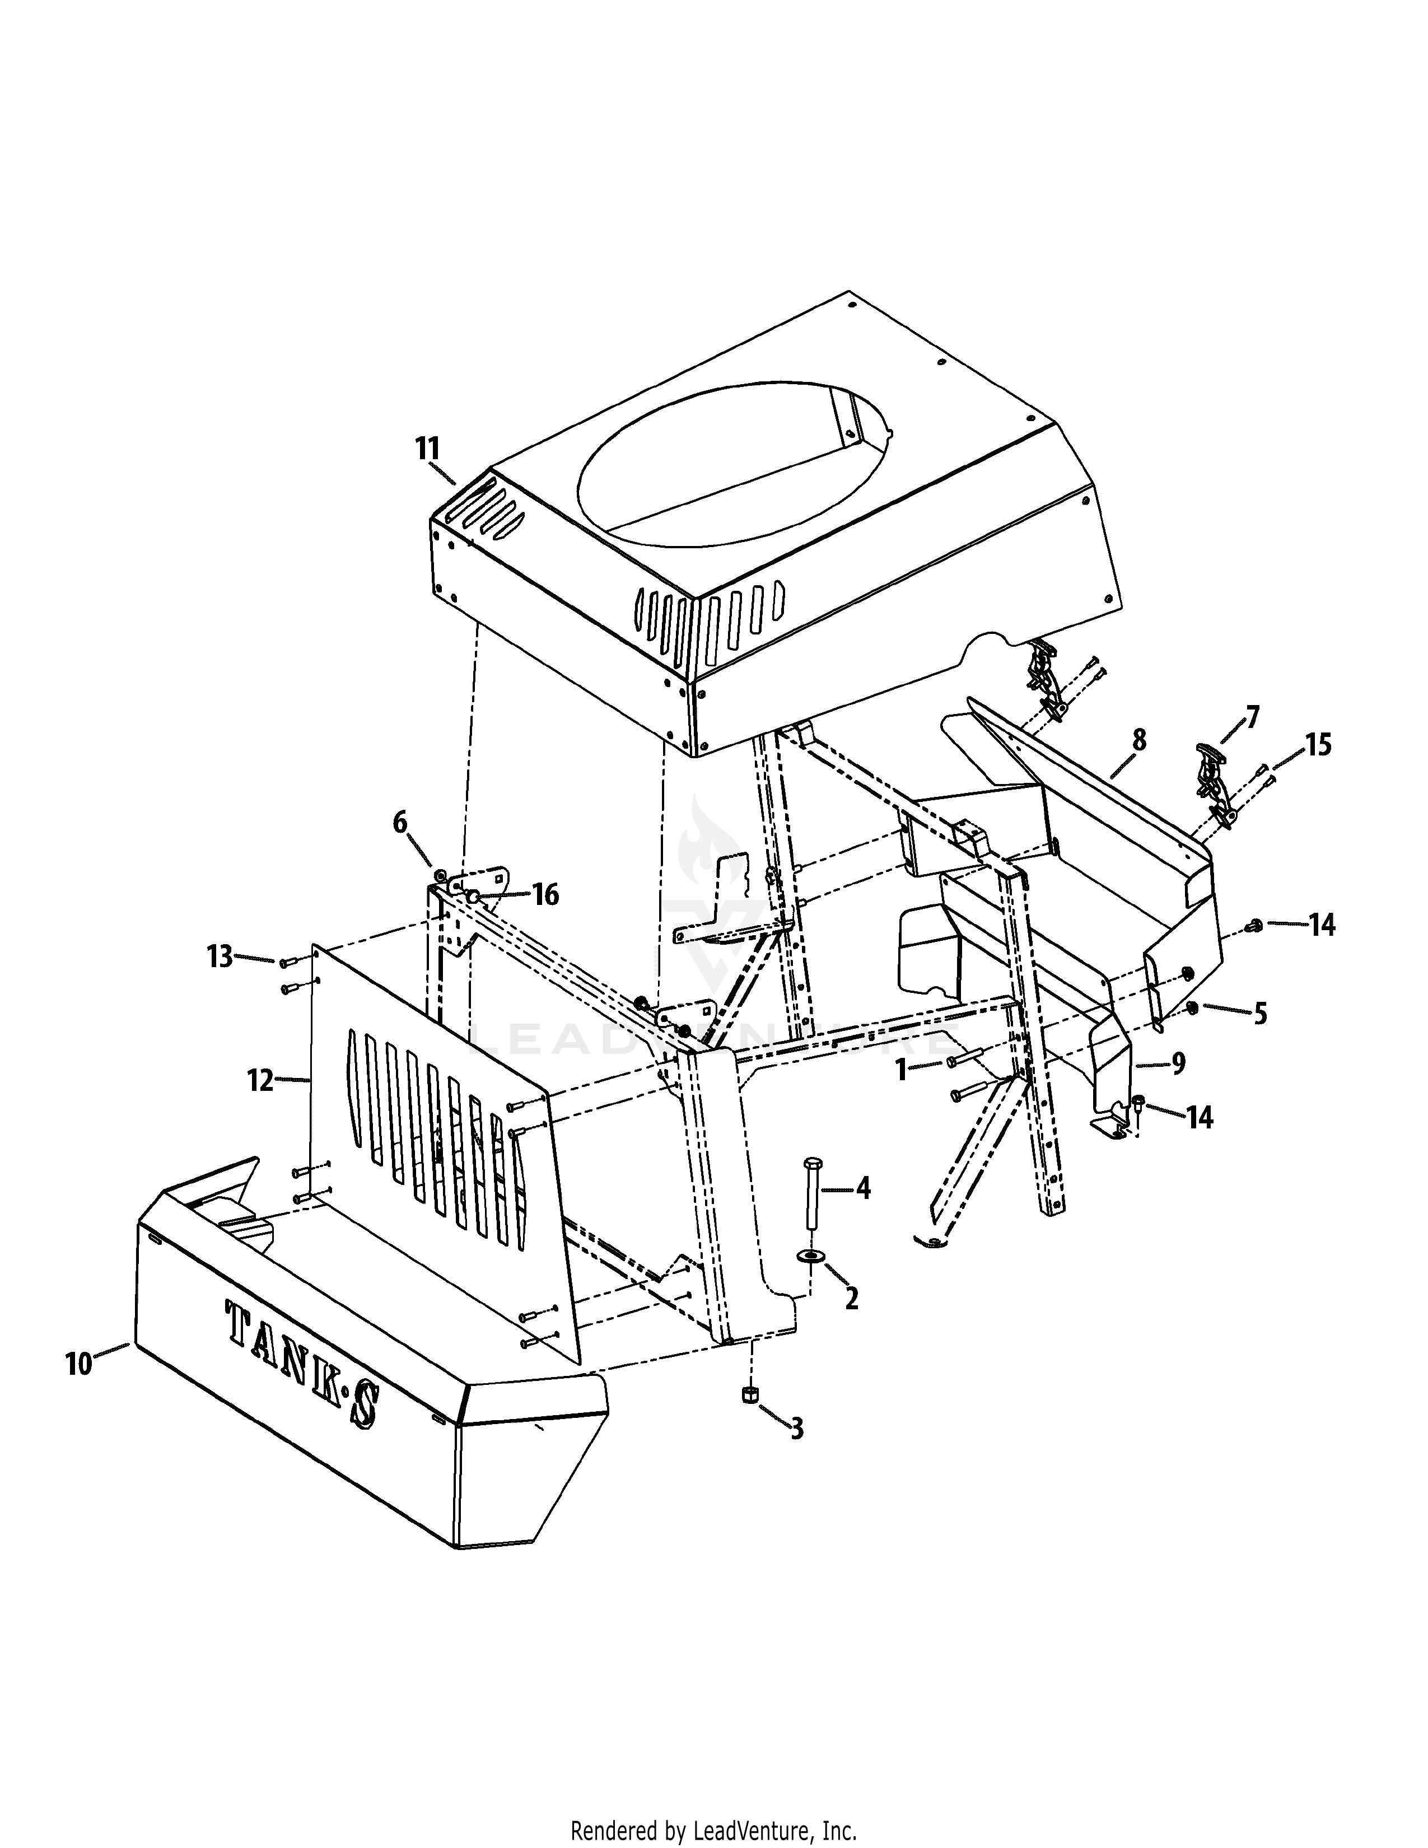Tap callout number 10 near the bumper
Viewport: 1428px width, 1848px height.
[x=78, y=1364]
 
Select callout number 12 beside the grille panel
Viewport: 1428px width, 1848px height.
[x=260, y=1081]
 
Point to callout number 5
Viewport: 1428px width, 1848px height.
[x=1259, y=1014]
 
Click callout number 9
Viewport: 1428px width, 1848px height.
[x=1178, y=1061]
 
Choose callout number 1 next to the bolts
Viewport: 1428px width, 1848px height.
[x=902, y=1070]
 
